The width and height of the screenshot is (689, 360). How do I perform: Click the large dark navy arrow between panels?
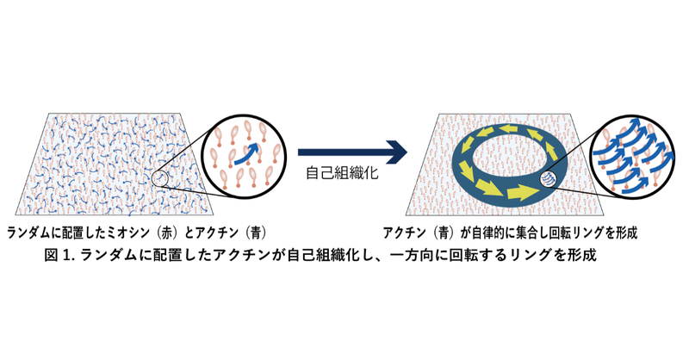pos(352,152)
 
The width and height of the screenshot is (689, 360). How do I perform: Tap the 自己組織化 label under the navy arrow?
pos(342,172)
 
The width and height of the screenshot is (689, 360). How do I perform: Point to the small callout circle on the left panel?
pos(160,178)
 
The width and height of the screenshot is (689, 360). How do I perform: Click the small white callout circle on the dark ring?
pos(548,179)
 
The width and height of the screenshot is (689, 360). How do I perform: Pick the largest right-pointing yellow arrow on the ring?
pos(522,192)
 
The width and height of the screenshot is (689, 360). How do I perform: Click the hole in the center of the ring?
pos(510,160)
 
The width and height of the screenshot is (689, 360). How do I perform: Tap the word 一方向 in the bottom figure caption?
pos(412,256)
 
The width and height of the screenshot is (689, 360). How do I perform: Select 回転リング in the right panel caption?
pos(576,233)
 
